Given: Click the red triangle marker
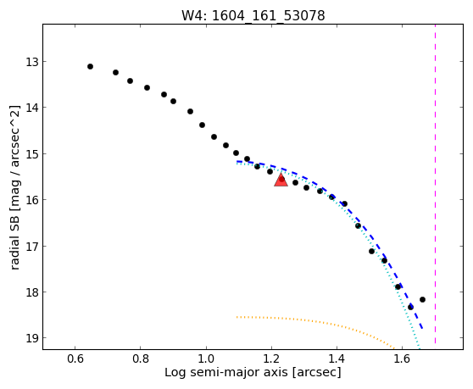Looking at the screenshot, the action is click(281, 180).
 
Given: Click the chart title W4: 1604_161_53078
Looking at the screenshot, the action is click(253, 15).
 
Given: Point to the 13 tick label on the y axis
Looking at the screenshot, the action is click(32, 62).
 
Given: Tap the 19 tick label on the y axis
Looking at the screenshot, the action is click(32, 338).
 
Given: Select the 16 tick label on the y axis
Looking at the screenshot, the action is click(32, 200).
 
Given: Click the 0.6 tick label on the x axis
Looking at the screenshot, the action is click(75, 358).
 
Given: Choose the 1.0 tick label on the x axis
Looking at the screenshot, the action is click(206, 358).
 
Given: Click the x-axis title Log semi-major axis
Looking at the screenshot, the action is click(226, 373).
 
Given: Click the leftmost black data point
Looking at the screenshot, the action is click(90, 66).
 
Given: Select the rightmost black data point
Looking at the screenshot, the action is click(422, 299).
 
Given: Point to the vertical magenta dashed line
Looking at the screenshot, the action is click(435, 184).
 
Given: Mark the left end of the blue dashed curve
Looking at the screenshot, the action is click(237, 162).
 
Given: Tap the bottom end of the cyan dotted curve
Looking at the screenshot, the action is click(420, 349).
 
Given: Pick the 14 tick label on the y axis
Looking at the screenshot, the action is click(32, 108).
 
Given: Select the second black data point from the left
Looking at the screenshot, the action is click(115, 72).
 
